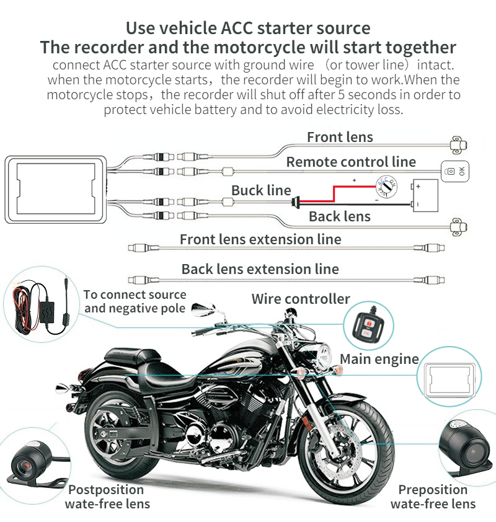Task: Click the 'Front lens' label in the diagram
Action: [x=340, y=138]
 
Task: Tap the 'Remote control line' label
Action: [x=351, y=162]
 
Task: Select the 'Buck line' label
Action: [x=261, y=190]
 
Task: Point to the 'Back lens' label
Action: [x=339, y=216]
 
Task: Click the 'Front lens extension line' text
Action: [x=260, y=239]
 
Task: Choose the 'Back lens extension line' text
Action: [x=260, y=269]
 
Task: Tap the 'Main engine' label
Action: [x=379, y=358]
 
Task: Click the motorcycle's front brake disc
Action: [x=345, y=438]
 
